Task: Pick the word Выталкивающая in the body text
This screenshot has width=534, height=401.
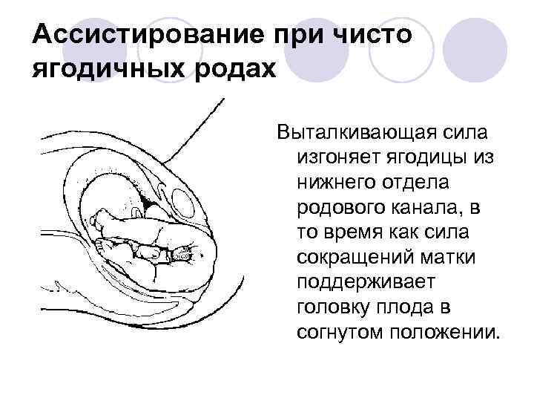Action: click(x=355, y=134)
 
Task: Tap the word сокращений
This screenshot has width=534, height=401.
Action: click(x=354, y=256)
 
